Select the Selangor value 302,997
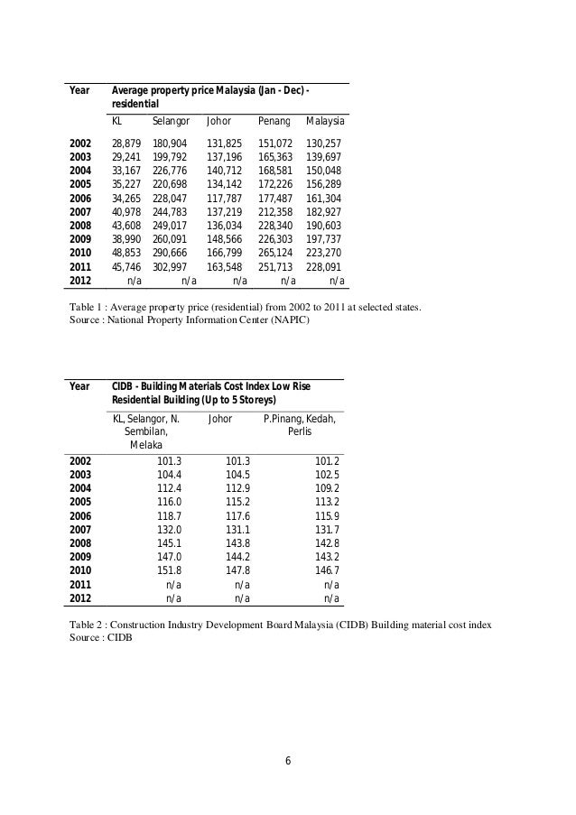171,268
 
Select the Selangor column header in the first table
171,120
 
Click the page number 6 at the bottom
288,759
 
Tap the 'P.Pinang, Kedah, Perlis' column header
299,425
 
